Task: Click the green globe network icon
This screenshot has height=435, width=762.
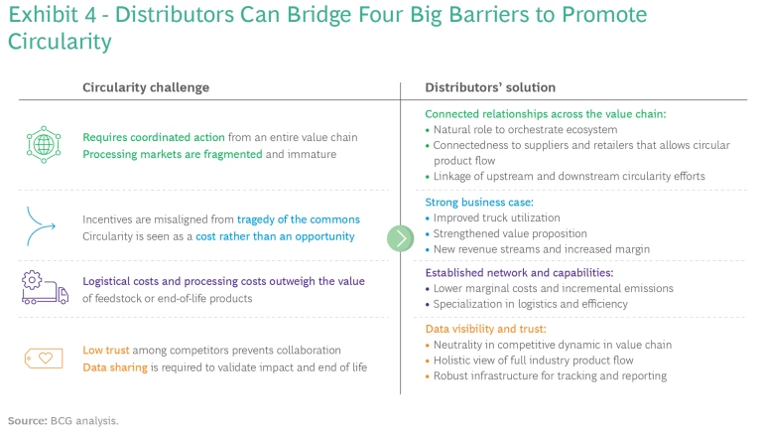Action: [43, 145]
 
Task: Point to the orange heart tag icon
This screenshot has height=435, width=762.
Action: [42, 359]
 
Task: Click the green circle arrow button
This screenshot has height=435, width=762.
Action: [400, 238]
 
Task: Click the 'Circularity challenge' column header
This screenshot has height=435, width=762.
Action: [145, 87]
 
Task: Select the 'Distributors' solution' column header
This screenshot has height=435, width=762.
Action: [490, 87]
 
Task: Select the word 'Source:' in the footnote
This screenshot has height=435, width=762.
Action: [27, 421]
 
